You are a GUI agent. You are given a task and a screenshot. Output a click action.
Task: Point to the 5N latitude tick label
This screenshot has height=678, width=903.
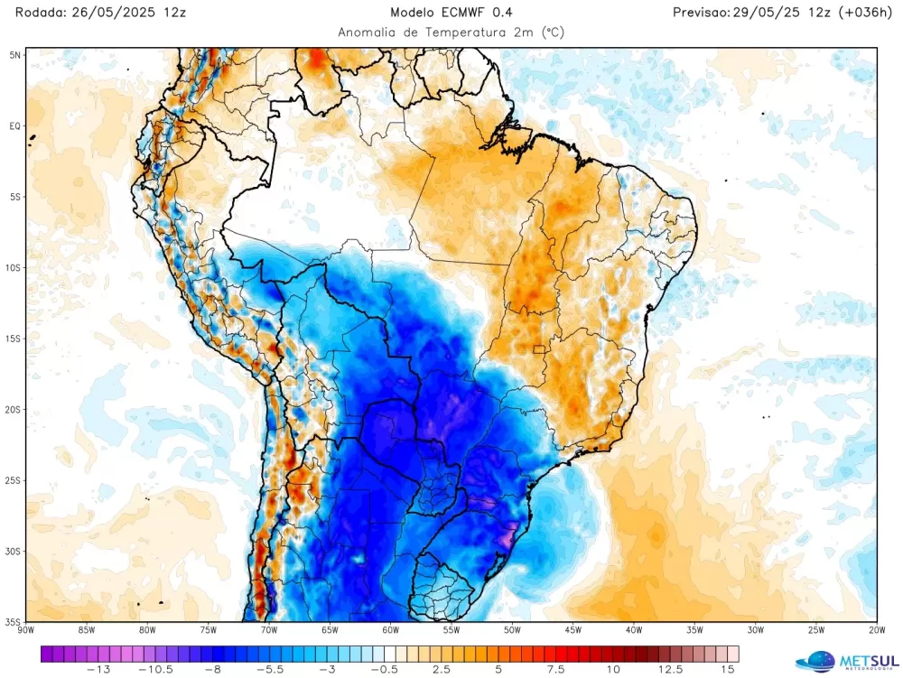click(x=14, y=55)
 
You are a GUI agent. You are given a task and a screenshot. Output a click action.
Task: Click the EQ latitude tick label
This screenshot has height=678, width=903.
click(x=14, y=125)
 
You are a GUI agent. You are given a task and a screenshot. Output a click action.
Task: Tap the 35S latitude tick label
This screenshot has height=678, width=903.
click(x=13, y=621)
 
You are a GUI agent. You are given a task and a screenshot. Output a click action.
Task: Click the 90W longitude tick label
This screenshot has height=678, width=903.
click(x=26, y=630)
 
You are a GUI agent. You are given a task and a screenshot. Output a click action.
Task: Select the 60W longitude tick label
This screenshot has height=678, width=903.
click(x=390, y=630)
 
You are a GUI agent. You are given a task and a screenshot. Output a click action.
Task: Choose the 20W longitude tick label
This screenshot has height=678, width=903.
click(x=876, y=630)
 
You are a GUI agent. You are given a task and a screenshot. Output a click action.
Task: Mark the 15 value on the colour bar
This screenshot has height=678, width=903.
click(x=727, y=669)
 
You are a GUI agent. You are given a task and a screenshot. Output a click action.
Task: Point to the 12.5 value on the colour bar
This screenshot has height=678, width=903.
click(x=670, y=669)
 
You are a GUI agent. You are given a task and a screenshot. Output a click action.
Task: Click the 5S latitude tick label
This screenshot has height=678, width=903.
click(x=14, y=197)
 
